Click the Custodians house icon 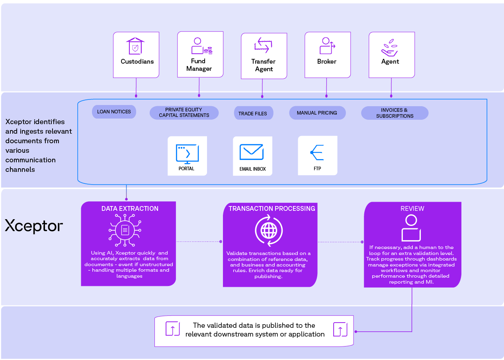coord(135,46)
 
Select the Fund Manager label coord(199,65)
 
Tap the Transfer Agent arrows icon coord(263,45)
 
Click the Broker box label coord(327,61)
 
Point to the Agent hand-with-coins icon coord(389,48)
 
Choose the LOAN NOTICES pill coord(114,112)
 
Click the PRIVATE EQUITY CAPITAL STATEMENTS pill coord(184,113)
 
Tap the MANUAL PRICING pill coord(317,113)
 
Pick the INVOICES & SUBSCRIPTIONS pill coord(395,113)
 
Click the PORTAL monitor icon coord(187,154)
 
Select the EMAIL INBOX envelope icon coord(252,152)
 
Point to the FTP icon coord(317,152)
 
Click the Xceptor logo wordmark coord(34,226)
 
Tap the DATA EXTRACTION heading coord(130,209)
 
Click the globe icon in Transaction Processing coord(269,230)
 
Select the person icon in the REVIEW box coord(411,228)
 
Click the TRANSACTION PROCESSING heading coord(272,209)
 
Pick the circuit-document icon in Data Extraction coord(125,230)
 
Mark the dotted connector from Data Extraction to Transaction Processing coord(199,242)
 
